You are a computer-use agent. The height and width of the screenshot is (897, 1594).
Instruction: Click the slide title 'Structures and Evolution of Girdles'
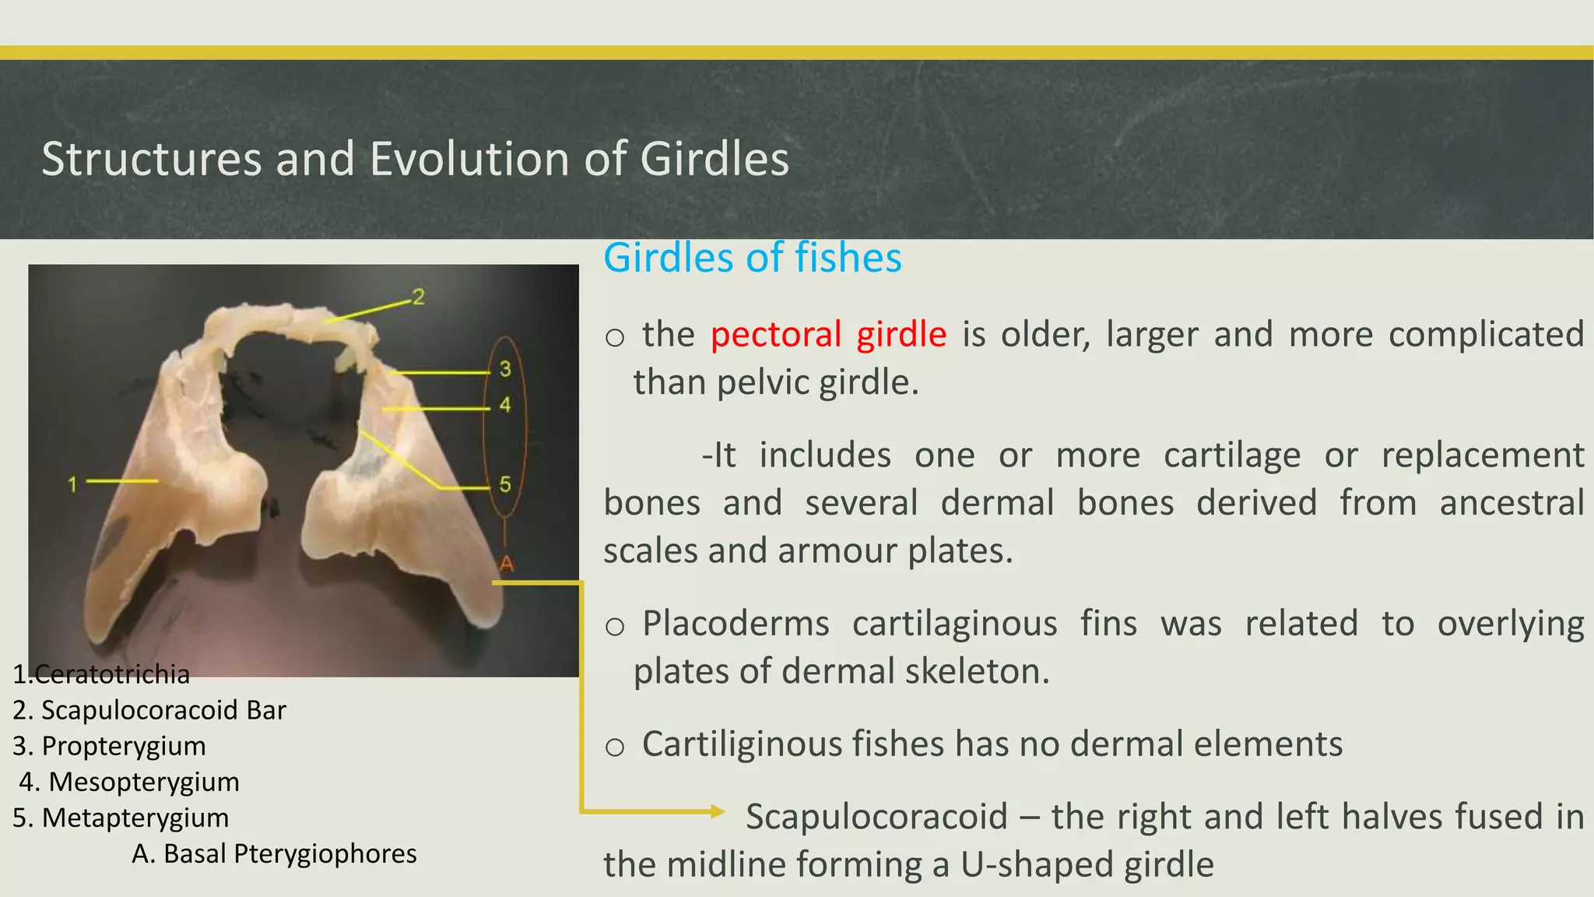click(415, 159)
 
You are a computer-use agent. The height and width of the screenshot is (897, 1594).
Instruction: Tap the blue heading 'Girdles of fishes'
click(752, 258)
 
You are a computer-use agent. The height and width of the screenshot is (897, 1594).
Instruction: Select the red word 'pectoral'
click(776, 335)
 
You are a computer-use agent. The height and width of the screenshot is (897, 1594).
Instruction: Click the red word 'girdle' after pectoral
click(901, 335)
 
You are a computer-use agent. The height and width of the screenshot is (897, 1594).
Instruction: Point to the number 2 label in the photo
click(419, 297)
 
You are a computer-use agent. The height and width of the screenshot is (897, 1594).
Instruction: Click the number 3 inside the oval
click(505, 368)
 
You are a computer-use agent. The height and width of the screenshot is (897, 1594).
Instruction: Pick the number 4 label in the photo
click(505, 405)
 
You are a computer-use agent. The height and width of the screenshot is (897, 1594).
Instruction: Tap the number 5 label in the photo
click(505, 484)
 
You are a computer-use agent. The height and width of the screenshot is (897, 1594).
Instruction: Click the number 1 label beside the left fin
click(72, 484)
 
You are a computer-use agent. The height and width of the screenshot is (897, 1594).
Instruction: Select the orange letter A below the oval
click(507, 563)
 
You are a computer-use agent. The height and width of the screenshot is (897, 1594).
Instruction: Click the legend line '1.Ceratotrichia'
click(101, 674)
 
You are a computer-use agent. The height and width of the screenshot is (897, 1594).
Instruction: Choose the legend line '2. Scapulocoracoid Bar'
click(149, 710)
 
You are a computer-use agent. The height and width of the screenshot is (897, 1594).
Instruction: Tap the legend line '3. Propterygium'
click(109, 746)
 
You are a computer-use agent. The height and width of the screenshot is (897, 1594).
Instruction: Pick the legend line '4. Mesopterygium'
click(129, 782)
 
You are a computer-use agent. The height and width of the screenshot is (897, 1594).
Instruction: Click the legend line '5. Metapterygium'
click(121, 818)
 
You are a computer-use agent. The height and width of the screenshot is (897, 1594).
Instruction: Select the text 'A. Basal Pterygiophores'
click(274, 853)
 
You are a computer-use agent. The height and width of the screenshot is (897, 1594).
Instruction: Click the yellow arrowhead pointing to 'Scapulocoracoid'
click(718, 811)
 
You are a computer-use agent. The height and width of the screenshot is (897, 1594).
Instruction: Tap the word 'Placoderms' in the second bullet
click(736, 624)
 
